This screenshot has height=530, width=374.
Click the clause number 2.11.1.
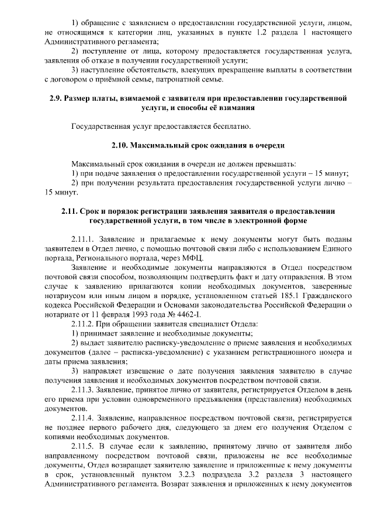[x=83, y=239]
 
